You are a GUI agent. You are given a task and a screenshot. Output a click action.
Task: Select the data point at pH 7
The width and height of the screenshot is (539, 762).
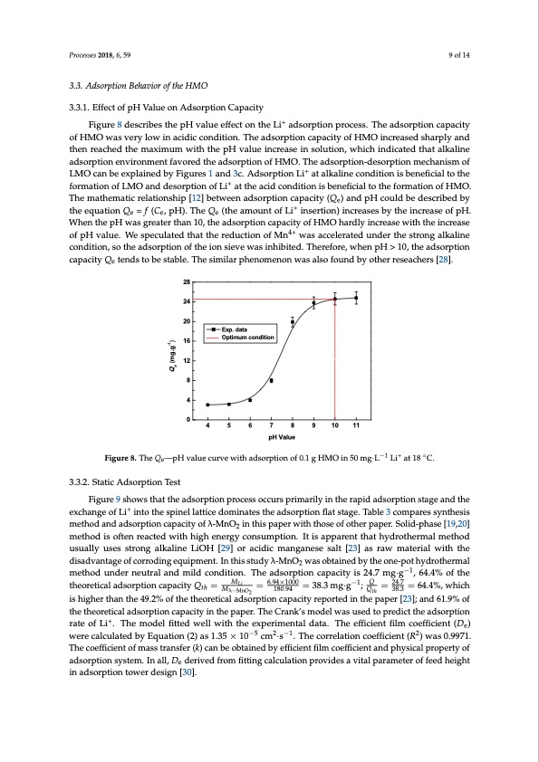pyautogui.click(x=271, y=381)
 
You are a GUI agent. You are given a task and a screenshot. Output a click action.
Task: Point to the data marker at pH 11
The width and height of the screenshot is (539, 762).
pyautogui.click(x=356, y=297)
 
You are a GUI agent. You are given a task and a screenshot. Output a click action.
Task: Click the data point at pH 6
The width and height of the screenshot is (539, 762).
pyautogui.click(x=250, y=399)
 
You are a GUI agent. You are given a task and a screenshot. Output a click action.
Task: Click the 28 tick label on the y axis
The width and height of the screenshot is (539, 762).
pyautogui.click(x=187, y=283)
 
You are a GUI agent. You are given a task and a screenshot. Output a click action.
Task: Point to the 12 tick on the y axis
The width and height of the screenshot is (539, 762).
pyautogui.click(x=187, y=361)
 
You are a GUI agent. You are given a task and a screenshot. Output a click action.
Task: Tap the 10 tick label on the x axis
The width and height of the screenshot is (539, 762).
pyautogui.click(x=335, y=424)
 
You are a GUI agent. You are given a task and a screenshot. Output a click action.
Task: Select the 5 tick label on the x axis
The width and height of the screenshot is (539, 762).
pyautogui.click(x=229, y=424)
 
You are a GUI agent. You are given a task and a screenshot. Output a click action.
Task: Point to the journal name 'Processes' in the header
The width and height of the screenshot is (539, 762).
pyautogui.click(x=84, y=56)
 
